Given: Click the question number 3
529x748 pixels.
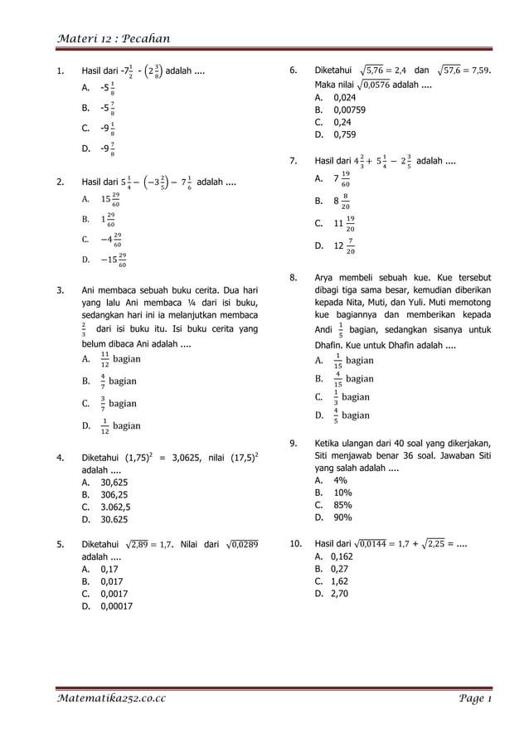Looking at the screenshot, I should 61,291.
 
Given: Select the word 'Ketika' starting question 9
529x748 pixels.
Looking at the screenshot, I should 331,443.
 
